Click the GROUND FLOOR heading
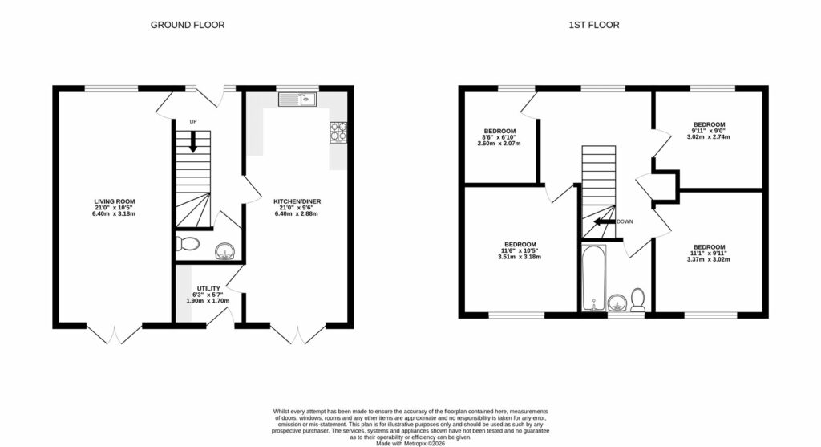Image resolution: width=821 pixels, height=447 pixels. [188, 25]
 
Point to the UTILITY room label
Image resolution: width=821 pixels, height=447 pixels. [208, 289]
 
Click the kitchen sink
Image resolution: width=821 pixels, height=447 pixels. [299, 100]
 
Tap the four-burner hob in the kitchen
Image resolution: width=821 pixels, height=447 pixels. [338, 131]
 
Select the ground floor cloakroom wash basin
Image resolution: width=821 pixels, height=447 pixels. [224, 253]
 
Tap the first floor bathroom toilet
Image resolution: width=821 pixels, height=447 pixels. [639, 299]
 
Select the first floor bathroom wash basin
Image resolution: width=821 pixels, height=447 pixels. [617, 303]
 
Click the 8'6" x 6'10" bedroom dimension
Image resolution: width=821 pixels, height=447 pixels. [499, 137]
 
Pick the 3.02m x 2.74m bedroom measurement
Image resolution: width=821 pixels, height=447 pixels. [709, 137]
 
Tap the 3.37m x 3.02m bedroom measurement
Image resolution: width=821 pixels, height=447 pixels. [709, 259]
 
